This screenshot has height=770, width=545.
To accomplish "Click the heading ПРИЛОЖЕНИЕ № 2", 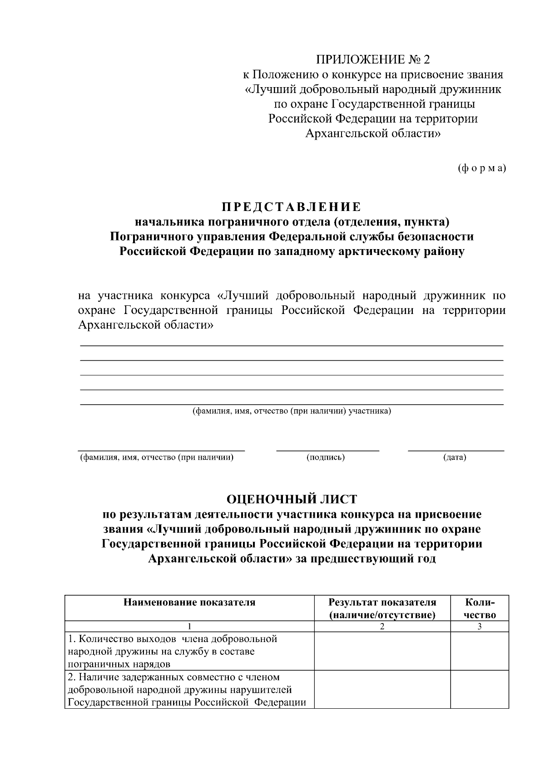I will coord(372,59).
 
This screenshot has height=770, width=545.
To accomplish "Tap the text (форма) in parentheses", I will coord(481,168).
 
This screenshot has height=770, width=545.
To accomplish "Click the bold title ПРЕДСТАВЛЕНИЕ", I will coord(292,207).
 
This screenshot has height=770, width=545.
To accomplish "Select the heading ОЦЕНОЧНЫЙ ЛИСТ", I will coord(292,499).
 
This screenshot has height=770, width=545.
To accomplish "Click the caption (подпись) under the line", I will coord(326,457).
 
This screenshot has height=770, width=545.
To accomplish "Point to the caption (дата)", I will coord(455,457).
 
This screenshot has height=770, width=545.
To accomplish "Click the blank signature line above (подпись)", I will coord(327,449).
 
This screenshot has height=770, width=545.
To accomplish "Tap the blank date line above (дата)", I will coord(456,449).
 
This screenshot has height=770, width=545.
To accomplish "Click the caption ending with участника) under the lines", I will coord(292,412).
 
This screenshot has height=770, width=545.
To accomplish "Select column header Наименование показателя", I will coord(189,603).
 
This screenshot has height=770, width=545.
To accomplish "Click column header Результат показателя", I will coord(382,608).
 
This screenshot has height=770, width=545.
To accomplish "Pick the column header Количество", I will coord(480,608).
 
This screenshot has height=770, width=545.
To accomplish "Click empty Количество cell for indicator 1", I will coord(480,651).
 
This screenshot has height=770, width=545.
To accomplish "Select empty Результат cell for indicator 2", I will coord(382,689).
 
